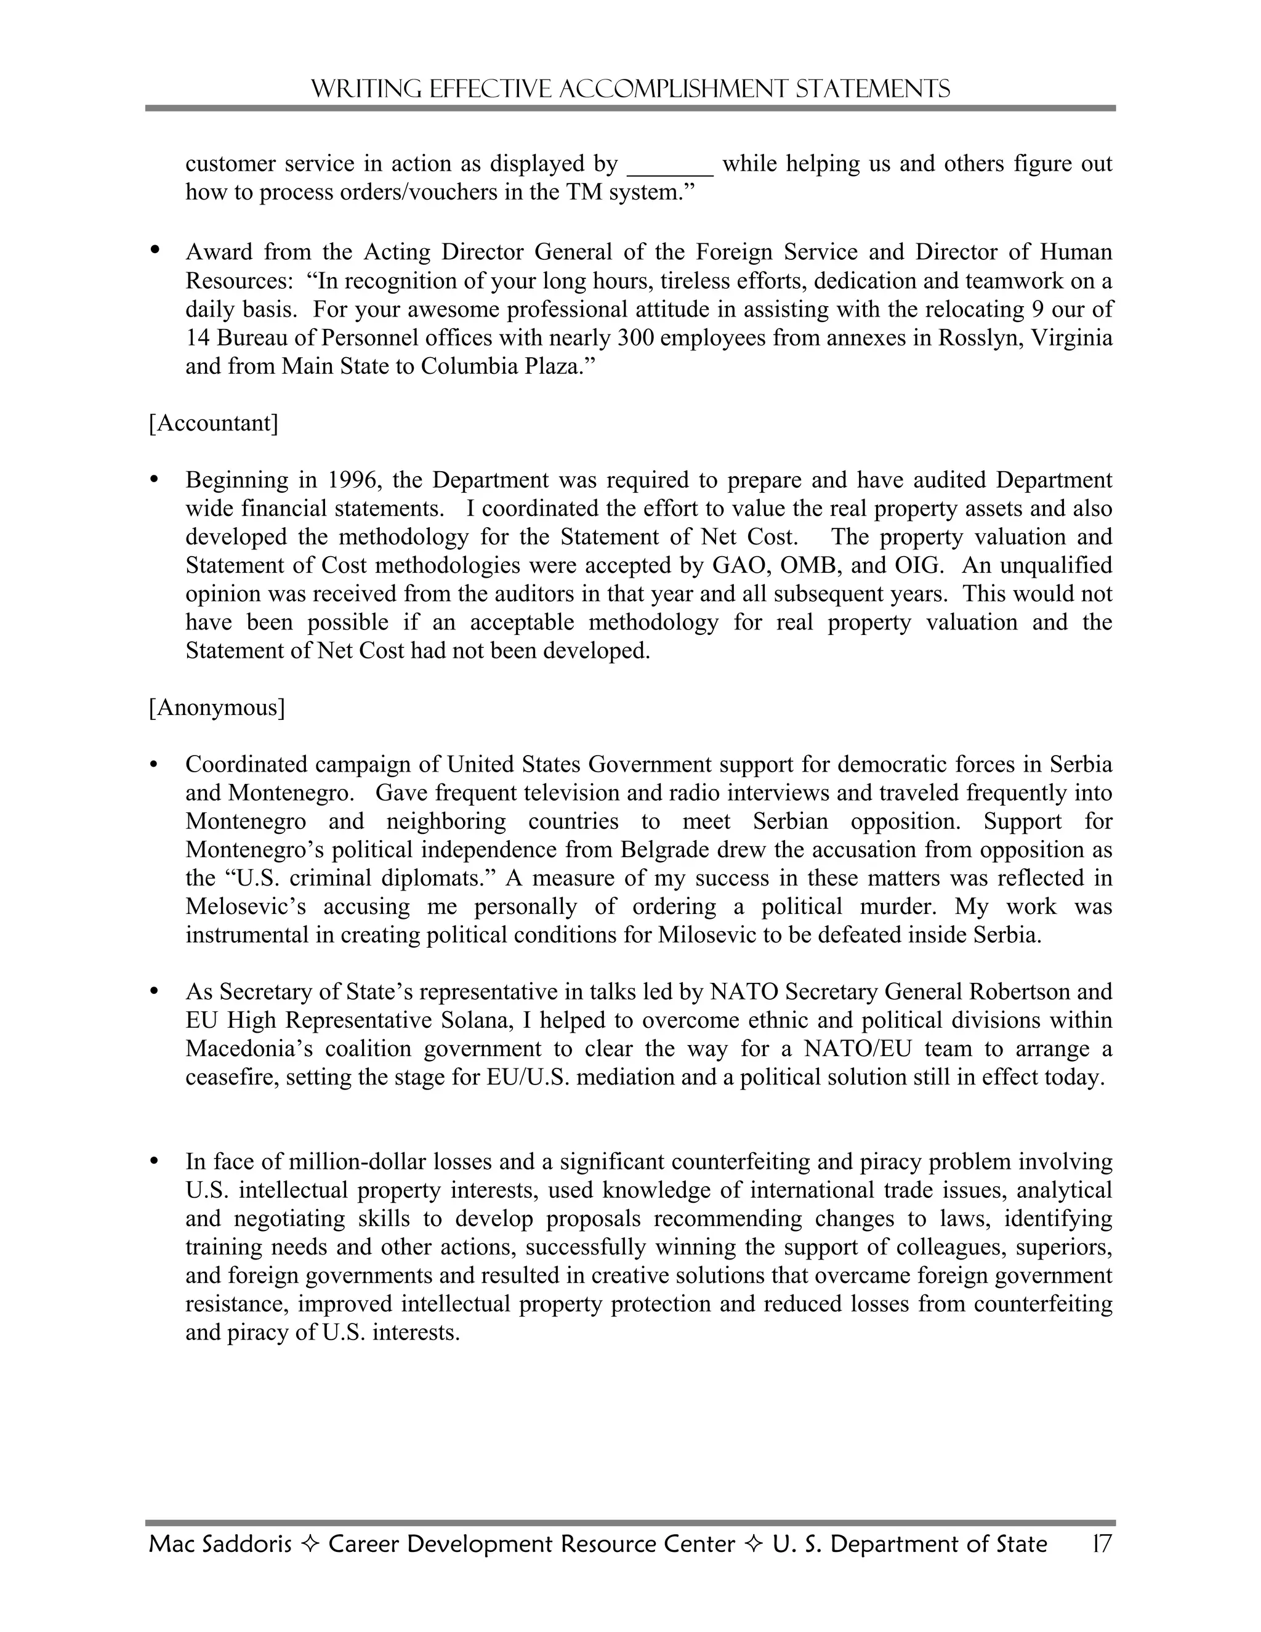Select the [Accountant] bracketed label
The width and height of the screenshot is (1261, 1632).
point(214,423)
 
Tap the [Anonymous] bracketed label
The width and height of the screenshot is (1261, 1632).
point(217,707)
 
